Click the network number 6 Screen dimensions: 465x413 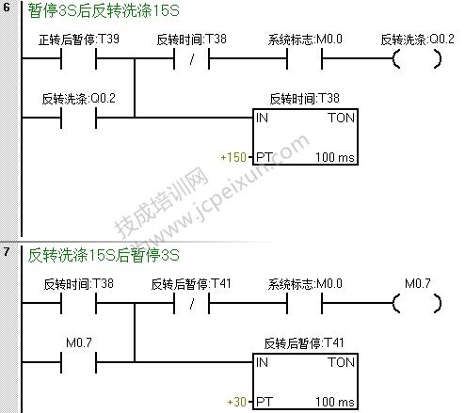tap(7, 7)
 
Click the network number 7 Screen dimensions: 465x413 tap(7, 251)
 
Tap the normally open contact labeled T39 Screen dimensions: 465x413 tap(78, 58)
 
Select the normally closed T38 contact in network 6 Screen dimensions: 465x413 tap(191, 58)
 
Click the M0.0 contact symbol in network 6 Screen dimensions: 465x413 tap(304, 58)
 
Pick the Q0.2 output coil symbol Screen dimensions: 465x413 tap(417, 58)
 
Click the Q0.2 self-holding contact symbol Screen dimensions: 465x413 tap(78, 118)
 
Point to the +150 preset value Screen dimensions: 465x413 tap(233, 157)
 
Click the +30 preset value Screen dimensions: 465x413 tap(237, 402)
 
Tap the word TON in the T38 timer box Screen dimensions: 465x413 tap(342, 118)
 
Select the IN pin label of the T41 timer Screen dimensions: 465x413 tap(262, 362)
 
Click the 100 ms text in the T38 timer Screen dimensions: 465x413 tap(335, 157)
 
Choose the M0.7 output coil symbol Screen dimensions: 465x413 tap(417, 303)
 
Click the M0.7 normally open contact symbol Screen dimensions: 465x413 tap(78, 362)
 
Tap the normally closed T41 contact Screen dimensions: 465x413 tap(191, 303)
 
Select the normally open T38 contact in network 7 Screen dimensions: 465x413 tap(78, 303)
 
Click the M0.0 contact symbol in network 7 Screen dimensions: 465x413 tap(304, 303)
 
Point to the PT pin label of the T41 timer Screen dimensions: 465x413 tap(264, 402)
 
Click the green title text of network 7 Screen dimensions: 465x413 tap(104, 255)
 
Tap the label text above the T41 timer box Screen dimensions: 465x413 tap(304, 343)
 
